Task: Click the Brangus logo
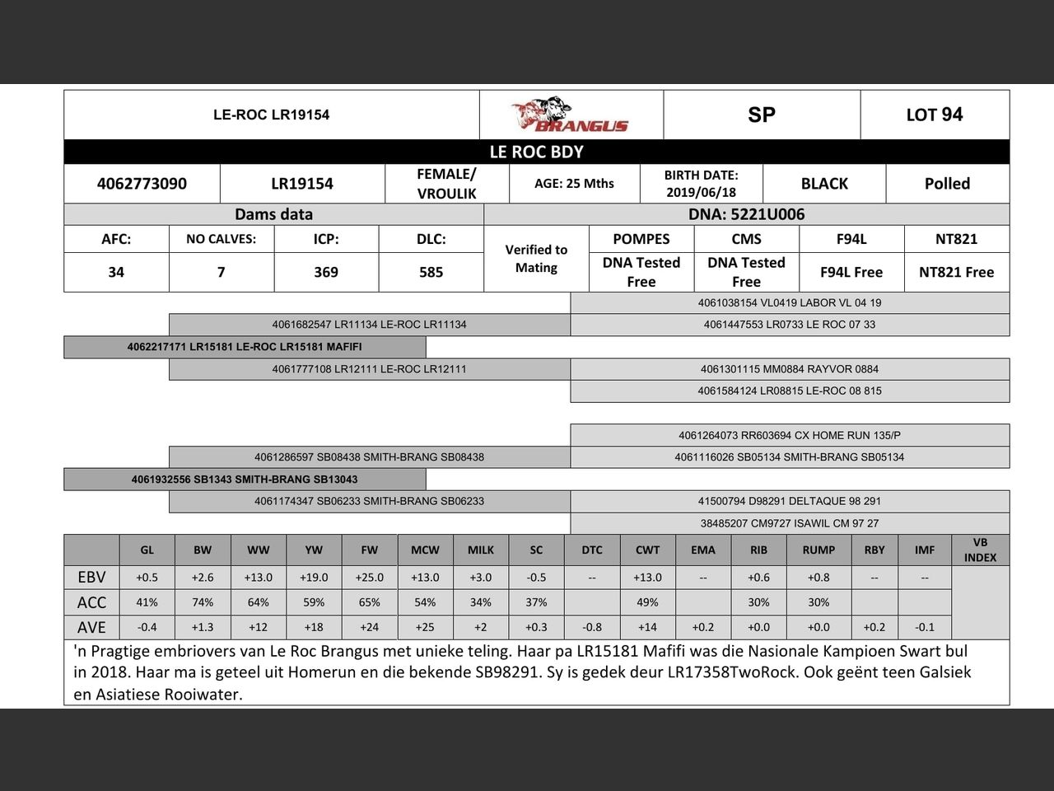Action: coord(570,115)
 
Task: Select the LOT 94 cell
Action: coord(934,115)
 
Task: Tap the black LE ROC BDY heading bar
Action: coord(536,152)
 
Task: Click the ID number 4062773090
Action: coord(142,184)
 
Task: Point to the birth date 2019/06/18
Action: coord(701,192)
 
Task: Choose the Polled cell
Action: coord(947,184)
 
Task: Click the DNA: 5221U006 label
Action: coord(746,214)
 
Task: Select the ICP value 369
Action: coord(326,272)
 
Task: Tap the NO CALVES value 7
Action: coord(221,272)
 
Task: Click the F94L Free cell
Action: coord(851,272)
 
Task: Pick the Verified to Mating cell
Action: coord(536,259)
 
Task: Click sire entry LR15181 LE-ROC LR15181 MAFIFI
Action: coord(245,347)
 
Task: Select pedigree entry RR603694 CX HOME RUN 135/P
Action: coord(789,435)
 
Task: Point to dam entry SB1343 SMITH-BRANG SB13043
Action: coord(245,479)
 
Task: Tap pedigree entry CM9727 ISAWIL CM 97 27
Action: coord(789,523)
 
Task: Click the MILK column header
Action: coord(481,550)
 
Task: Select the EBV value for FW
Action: coord(370,578)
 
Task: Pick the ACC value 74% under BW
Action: coord(203,602)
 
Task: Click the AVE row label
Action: coord(91,627)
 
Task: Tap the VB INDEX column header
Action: coord(980,550)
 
